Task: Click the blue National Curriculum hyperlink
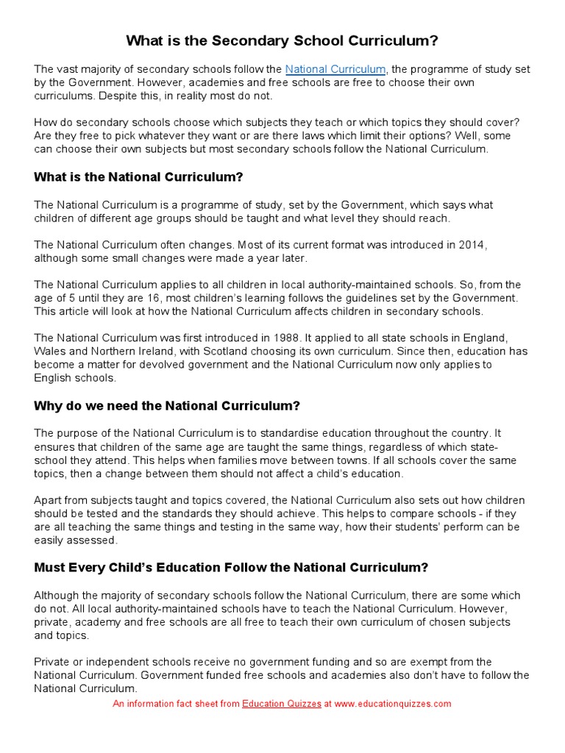click(335, 69)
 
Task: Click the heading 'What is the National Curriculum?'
click(138, 177)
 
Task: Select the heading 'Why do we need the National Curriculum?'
click(167, 405)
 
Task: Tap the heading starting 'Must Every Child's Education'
click(231, 567)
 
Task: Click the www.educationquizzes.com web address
click(393, 704)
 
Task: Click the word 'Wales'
click(49, 351)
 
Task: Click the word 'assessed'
click(91, 540)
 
